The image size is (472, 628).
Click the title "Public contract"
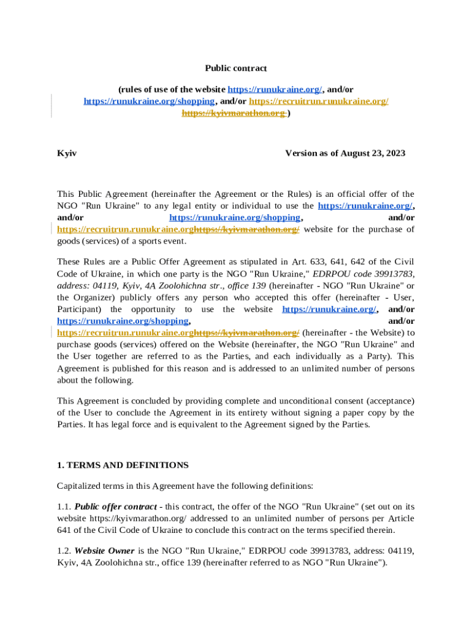pyautogui.click(x=236, y=68)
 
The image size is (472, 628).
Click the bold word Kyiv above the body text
pyautogui.click(x=67, y=153)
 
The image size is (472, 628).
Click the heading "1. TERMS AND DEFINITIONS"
pyautogui.click(x=123, y=465)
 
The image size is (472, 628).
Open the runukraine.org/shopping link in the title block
pyautogui.click(x=149, y=101)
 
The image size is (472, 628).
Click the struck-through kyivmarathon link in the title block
pyautogui.click(x=234, y=113)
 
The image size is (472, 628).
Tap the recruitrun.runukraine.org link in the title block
pyautogui.click(x=319, y=101)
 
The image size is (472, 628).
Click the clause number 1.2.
pyautogui.click(x=64, y=551)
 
